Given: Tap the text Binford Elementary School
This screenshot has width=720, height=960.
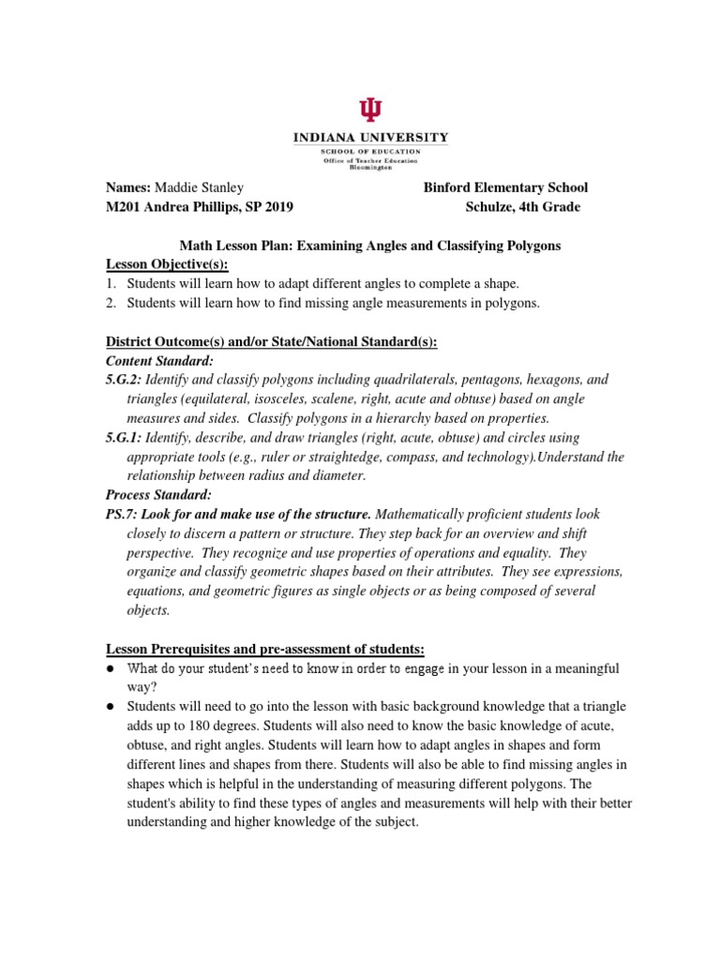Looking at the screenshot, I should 505,187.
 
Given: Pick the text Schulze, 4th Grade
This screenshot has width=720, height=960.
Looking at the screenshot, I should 522,207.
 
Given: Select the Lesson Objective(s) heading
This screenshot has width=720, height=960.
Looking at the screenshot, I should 167,264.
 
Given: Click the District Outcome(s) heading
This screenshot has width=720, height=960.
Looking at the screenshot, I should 271,342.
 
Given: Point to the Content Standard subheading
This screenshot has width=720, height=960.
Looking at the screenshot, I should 159,361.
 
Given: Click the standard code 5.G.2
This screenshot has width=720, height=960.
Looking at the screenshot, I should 124,380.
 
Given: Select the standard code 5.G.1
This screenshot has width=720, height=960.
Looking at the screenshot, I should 124,438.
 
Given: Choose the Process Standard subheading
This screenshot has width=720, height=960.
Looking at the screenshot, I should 158,495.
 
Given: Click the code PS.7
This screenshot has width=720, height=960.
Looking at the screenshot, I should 120,515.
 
